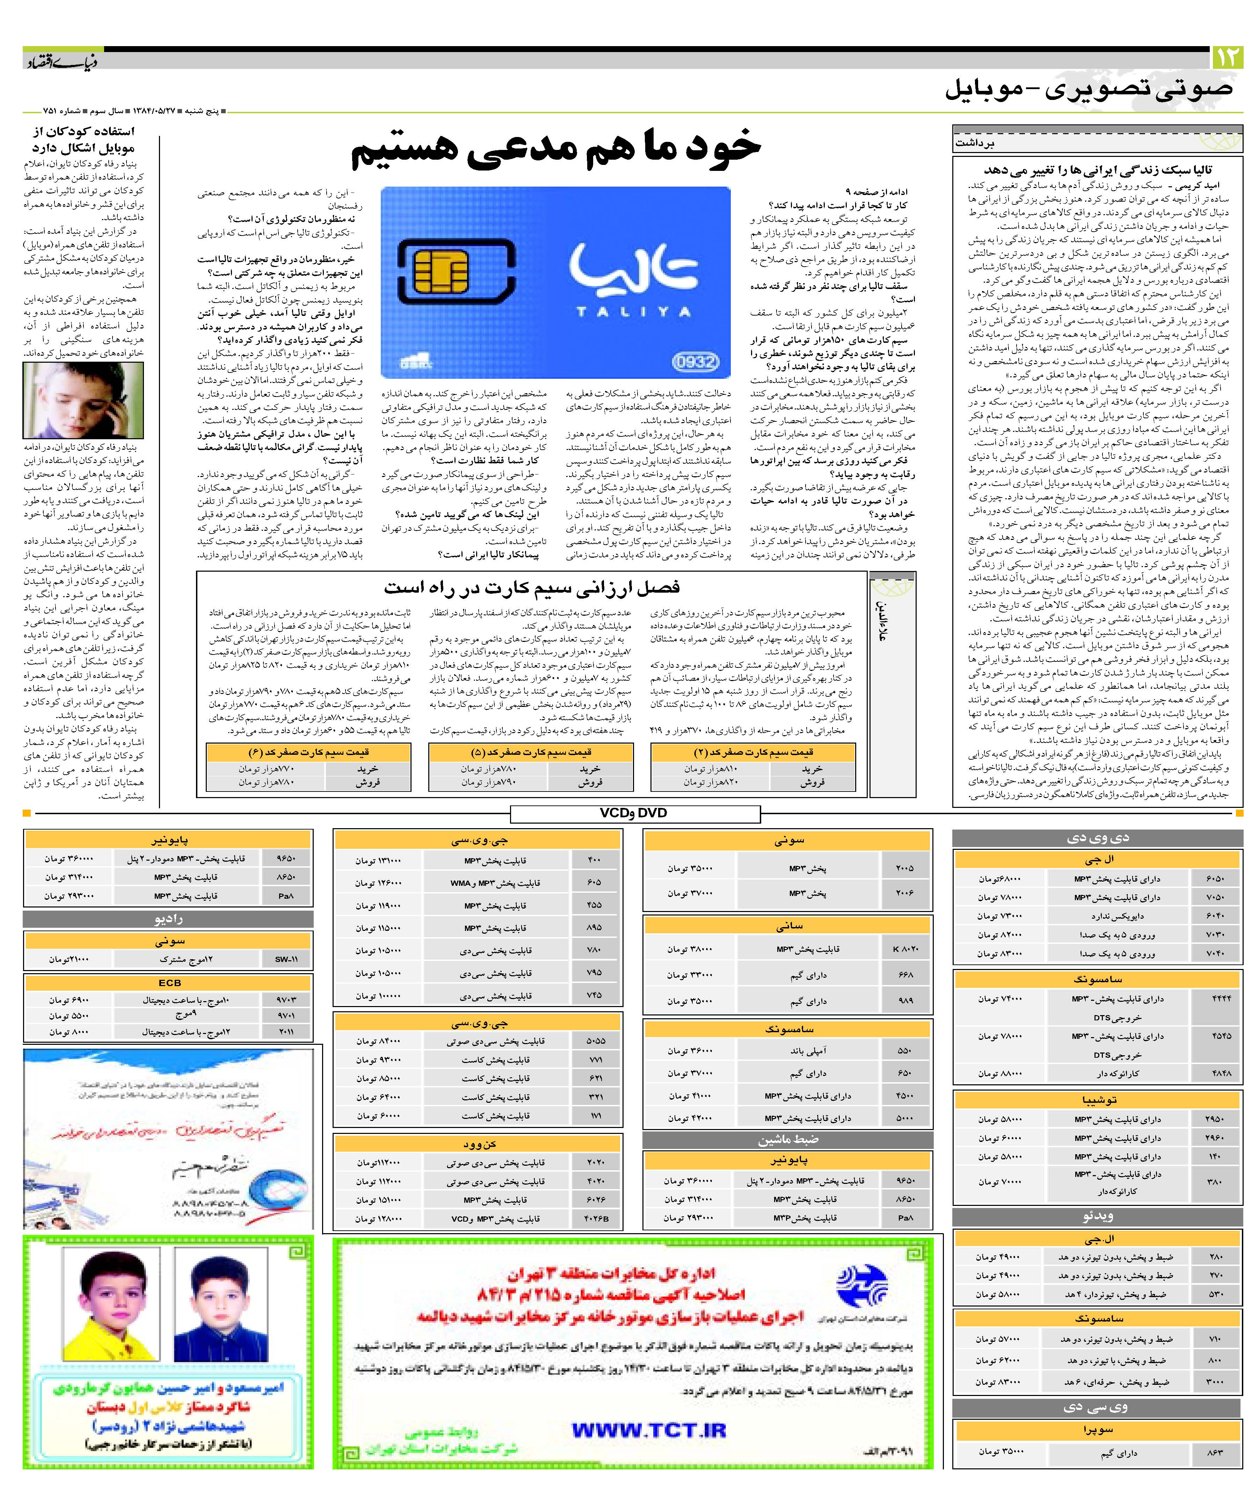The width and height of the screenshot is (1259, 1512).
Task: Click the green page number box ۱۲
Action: tap(1227, 57)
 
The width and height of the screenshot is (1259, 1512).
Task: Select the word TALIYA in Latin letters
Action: tap(633, 312)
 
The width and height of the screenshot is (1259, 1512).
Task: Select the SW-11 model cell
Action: tap(286, 960)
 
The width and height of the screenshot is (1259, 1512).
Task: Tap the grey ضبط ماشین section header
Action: tap(787, 1140)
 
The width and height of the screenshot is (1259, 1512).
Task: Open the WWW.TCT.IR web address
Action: tap(648, 1431)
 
